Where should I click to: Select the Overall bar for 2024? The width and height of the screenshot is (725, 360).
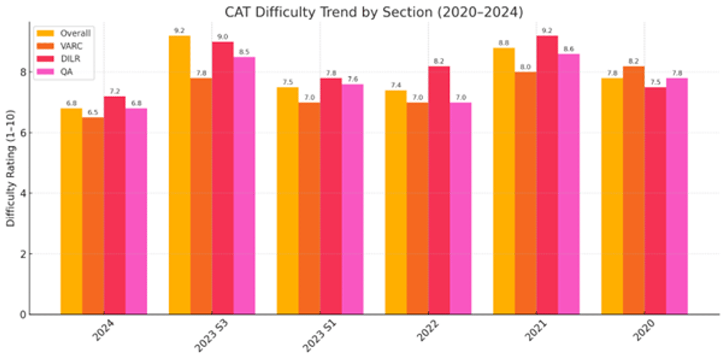(71, 211)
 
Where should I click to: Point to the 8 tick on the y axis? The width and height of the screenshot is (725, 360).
(23, 72)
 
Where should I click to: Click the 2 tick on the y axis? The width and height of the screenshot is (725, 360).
(23, 254)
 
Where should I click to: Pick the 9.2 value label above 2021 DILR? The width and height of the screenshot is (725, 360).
(547, 30)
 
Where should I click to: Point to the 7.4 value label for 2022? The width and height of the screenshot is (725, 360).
(396, 85)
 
